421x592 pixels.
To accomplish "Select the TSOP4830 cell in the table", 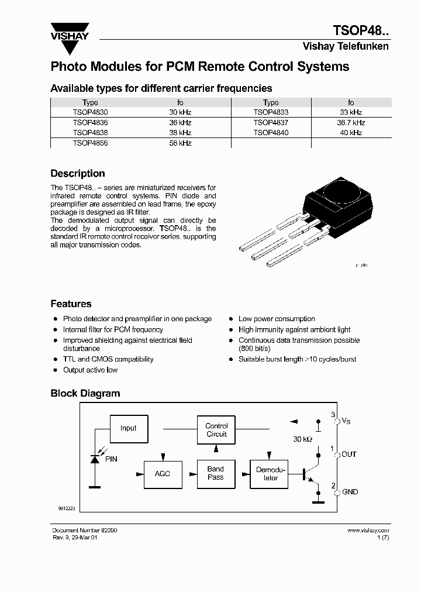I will point(90,112).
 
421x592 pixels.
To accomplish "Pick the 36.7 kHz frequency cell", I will point(351,123).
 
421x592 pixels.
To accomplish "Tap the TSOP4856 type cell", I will point(90,143).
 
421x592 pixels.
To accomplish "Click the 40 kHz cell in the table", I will point(351,133).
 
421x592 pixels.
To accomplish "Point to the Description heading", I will point(78,174).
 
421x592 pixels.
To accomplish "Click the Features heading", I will point(71,304).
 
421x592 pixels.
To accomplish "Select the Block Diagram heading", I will point(85,394).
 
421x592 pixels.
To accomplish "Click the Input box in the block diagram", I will point(129,428).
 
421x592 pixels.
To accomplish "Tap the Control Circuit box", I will point(216,431).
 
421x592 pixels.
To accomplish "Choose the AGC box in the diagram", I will point(163,473).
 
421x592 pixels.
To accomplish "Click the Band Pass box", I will point(216,473).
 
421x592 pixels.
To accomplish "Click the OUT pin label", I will point(349,455).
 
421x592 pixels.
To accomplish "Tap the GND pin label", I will point(350,493).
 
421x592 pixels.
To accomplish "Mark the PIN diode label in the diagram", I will point(111,459).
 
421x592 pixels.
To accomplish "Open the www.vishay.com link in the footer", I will point(368,531).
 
